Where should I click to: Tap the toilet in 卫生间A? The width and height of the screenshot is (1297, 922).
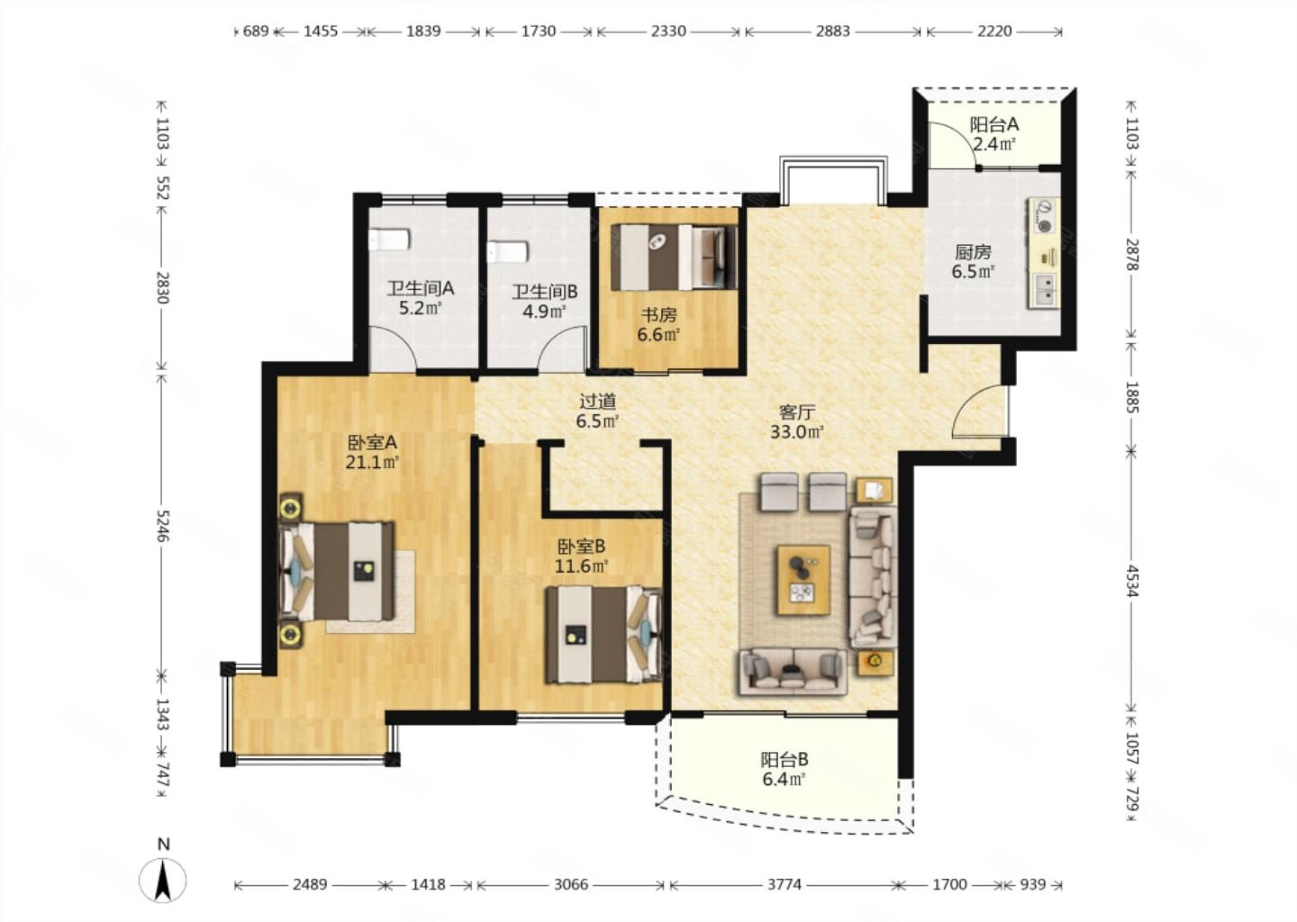[x=390, y=239]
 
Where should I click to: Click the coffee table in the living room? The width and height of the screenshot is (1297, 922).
[x=803, y=580]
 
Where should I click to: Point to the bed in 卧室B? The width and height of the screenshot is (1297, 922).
[x=603, y=635]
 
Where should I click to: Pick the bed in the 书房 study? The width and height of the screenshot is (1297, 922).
[x=674, y=257]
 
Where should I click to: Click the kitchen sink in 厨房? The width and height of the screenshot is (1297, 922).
[x=1044, y=289]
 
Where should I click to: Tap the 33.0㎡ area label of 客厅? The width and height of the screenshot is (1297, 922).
[x=797, y=432]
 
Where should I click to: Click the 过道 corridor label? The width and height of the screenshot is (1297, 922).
[x=597, y=401]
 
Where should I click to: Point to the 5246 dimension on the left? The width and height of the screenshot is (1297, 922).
[x=163, y=526]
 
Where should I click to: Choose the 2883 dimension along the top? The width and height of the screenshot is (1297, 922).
[x=832, y=32]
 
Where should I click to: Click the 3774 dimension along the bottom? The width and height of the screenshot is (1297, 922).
[x=784, y=884]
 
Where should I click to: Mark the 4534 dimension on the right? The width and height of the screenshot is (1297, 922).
[x=1132, y=581]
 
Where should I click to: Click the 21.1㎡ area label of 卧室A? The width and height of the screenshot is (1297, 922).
[x=372, y=463]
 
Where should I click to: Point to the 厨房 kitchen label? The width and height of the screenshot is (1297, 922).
[x=973, y=252]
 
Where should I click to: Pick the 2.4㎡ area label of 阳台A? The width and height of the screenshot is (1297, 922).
[x=993, y=144]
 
